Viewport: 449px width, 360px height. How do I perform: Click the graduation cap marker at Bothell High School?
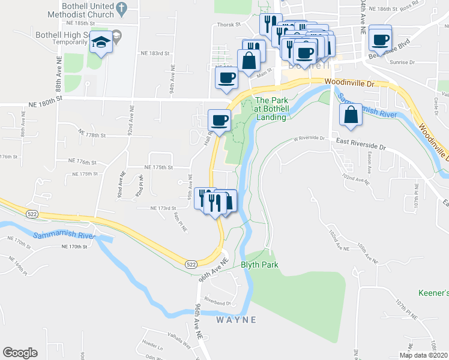pyautogui.click(x=100, y=43)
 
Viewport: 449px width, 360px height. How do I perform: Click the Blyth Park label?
pyautogui.click(x=260, y=265)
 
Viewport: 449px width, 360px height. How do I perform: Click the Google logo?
pyautogui.click(x=20, y=353)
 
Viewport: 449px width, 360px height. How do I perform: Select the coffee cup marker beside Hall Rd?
pyautogui.click(x=218, y=120)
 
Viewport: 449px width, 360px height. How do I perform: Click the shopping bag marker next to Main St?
pyautogui.click(x=248, y=60)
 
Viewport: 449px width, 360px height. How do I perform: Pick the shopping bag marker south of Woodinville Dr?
pyautogui.click(x=350, y=115)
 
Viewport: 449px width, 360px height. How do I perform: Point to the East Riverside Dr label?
pyautogui.click(x=361, y=145)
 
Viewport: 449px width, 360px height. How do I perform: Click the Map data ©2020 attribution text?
pyautogui.click(x=424, y=355)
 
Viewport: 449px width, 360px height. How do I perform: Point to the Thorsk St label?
pyautogui.click(x=229, y=25)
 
